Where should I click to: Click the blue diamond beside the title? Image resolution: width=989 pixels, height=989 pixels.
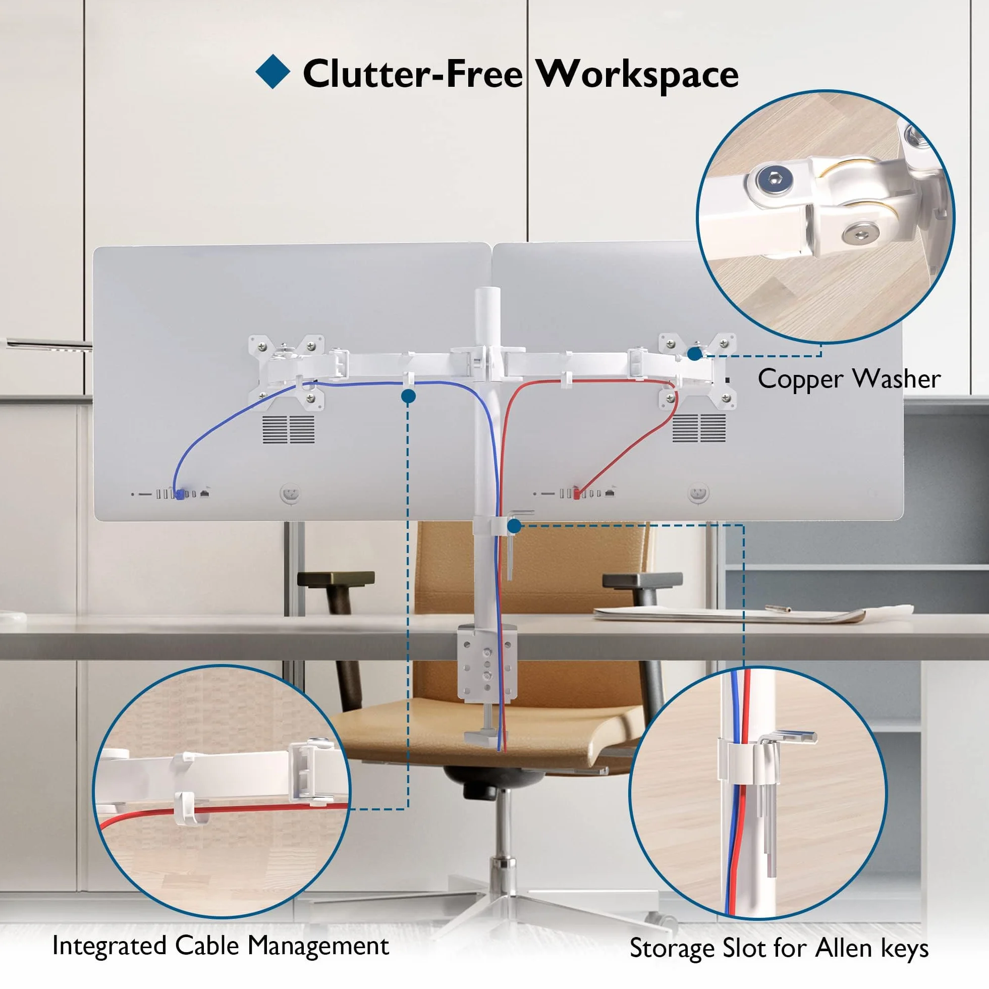273,71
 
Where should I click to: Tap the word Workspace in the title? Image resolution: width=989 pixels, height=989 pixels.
637,75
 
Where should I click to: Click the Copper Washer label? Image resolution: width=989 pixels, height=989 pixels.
849,379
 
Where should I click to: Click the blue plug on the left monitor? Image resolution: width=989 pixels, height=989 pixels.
180,494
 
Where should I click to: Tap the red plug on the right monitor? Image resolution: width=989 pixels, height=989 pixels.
576,493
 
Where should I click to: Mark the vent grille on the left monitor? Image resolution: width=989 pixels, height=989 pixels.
289,429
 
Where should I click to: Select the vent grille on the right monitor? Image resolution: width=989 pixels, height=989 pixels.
699,428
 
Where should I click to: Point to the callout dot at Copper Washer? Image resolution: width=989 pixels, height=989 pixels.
695,354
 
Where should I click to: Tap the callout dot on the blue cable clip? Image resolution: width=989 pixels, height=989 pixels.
409,396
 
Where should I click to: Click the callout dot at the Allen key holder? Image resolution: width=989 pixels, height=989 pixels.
515,526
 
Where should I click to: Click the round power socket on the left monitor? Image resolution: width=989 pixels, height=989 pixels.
290,493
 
